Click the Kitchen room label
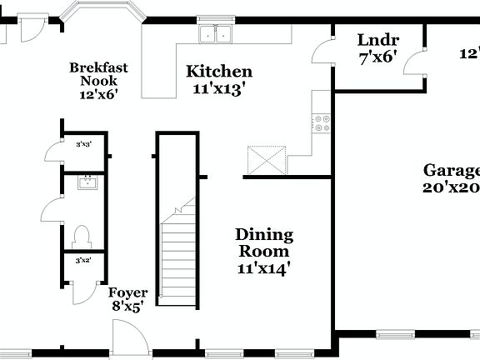(218, 72)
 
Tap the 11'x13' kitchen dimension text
(218, 88)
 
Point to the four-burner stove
(321, 124)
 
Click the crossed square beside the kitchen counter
(266, 160)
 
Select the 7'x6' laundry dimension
(377, 57)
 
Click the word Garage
(451, 171)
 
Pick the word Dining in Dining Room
(263, 235)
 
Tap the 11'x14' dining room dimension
(263, 267)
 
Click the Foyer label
(129, 292)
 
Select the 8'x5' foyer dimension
(129, 307)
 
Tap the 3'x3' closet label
(83, 144)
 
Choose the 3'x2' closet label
(83, 261)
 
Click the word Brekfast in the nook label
(98, 67)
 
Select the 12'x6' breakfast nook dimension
(98, 94)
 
